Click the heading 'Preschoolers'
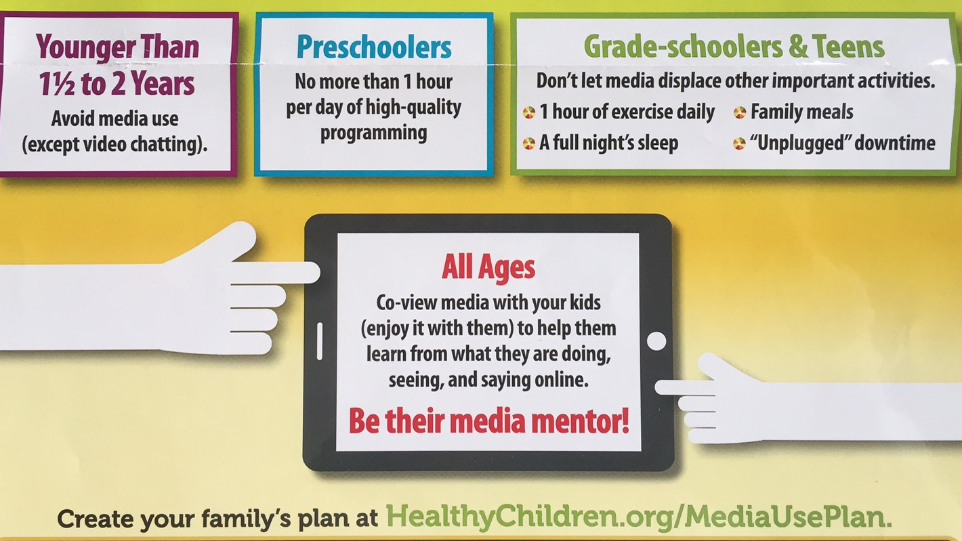coord(374,47)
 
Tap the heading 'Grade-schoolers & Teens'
coord(734,46)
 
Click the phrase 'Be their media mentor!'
coord(488,420)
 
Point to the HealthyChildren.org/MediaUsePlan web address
coord(639,517)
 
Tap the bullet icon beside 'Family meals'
coord(740,112)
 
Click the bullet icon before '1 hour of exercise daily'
coord(529,112)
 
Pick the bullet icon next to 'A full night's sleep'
coord(529,144)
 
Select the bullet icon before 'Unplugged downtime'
coord(740,144)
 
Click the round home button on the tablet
coord(656,341)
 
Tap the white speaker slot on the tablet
coord(320,341)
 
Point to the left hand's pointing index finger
coord(276,273)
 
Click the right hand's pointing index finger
coord(685,388)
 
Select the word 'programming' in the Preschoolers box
coord(374,133)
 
